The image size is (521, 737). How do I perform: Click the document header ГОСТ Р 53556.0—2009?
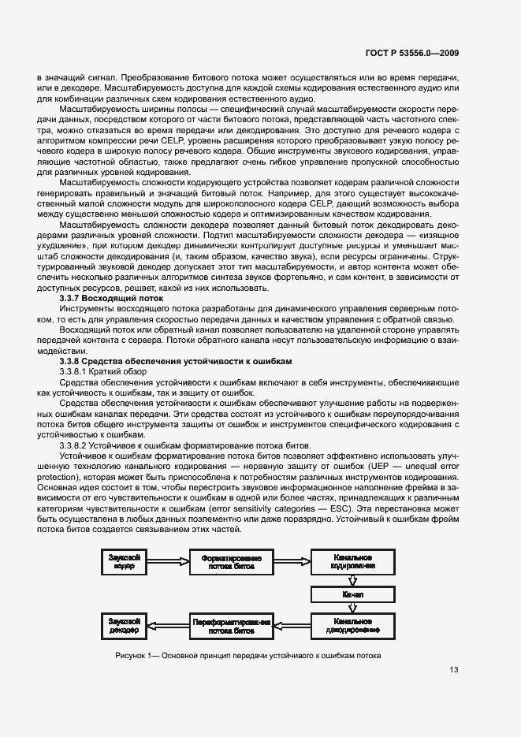[413, 54]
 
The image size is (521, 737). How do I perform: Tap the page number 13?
[453, 670]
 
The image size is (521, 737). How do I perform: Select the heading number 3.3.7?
[73, 299]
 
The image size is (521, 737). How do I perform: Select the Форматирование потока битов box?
[232, 563]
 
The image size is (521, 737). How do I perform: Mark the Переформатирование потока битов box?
[232, 626]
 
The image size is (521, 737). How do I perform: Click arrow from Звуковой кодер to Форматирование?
[168, 563]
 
